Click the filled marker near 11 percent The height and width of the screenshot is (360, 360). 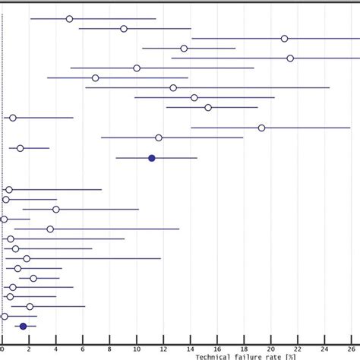pos(152,158)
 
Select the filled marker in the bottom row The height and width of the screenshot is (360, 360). pos(23,326)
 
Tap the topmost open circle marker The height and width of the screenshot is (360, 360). pos(70,18)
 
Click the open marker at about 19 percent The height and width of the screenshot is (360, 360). pos(261,128)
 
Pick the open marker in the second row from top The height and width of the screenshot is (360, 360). pos(124,29)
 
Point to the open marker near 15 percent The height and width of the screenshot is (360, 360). pos(208,107)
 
